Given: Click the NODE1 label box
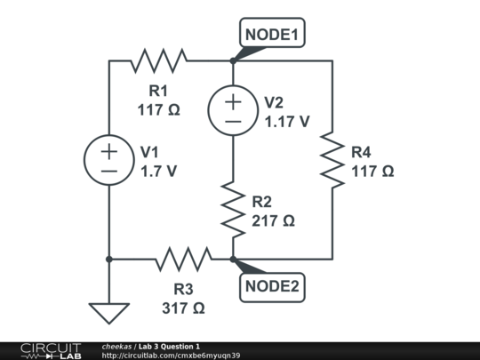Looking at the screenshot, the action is click(272, 33).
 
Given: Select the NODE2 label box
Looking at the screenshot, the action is click(272, 287).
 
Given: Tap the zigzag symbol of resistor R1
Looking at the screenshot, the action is click(159, 60).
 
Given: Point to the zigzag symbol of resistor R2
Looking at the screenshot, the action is click(233, 210).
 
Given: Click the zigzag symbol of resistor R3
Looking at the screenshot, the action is click(184, 259).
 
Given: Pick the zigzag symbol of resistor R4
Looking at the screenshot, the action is click(332, 160).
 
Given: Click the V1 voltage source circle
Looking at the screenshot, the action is click(109, 160).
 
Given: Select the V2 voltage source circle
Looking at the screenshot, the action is click(233, 110).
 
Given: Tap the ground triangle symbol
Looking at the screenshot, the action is click(109, 313).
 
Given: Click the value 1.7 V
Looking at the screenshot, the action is click(158, 172).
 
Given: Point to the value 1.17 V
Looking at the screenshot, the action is click(287, 122).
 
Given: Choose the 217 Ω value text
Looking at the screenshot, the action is click(273, 220).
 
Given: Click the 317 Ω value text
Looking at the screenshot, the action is click(183, 308).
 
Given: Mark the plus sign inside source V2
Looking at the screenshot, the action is click(233, 102).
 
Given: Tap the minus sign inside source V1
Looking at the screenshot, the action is click(109, 172).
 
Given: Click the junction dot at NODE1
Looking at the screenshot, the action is click(233, 60).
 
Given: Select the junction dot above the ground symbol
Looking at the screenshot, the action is click(109, 260).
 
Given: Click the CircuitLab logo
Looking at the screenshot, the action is click(51, 351).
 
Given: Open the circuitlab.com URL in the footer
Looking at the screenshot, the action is click(171, 356).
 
